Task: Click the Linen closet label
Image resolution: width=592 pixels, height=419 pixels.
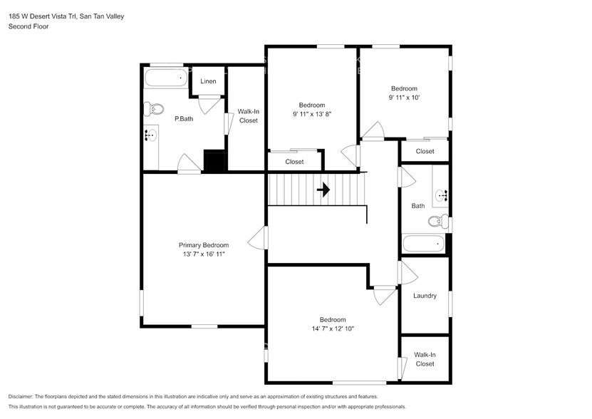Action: (x=208, y=81)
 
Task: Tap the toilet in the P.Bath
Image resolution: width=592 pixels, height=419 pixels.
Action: (x=154, y=109)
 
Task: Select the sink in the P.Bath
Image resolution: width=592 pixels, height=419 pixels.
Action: (x=150, y=135)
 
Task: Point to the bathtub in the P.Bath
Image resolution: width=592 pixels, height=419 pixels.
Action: (x=166, y=78)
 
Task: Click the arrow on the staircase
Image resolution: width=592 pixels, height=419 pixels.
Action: (x=323, y=190)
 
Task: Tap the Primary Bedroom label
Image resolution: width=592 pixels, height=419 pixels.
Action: (x=204, y=245)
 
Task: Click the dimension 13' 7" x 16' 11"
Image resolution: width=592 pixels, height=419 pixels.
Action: (x=204, y=254)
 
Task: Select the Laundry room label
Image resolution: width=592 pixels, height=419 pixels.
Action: (x=425, y=296)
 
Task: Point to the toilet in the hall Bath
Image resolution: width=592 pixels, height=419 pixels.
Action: (x=438, y=221)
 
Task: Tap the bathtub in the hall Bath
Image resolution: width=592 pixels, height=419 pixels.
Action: (x=423, y=244)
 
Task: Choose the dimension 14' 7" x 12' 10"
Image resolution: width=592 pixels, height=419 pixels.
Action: (x=333, y=329)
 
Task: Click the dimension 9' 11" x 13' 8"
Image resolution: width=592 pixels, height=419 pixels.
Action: (x=312, y=114)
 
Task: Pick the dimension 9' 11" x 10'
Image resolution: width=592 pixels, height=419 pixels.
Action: (x=405, y=98)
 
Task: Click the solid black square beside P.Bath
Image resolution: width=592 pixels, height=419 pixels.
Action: (x=215, y=161)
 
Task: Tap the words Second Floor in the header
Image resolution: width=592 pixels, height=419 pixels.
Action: (x=28, y=26)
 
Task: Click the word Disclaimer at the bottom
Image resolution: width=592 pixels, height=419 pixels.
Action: (x=21, y=397)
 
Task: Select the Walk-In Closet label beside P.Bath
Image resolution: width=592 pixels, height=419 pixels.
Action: (x=248, y=116)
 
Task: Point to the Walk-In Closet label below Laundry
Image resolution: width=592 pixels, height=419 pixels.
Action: (x=425, y=359)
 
